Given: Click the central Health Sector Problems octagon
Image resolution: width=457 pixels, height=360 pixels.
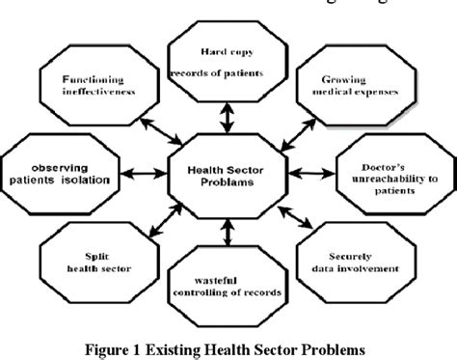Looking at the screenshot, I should point(227,175).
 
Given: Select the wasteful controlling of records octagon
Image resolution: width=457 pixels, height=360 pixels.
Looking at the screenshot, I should point(227,285).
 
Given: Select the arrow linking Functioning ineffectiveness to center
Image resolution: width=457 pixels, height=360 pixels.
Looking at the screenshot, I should point(155,128).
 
